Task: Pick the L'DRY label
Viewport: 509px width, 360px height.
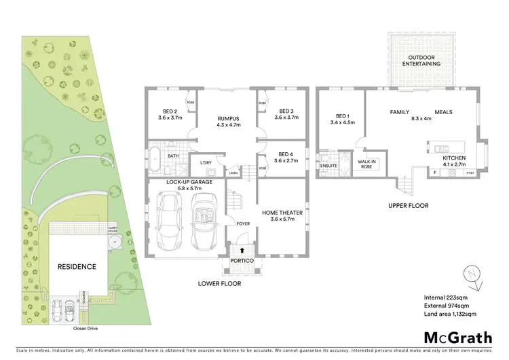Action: click(x=204, y=163)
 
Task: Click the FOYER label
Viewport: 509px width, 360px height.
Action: click(x=241, y=221)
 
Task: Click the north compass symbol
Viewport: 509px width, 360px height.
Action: click(x=471, y=273)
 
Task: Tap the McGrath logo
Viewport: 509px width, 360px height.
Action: click(x=457, y=338)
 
